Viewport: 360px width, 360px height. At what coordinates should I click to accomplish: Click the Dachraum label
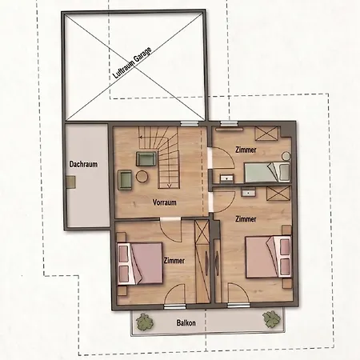(83, 164)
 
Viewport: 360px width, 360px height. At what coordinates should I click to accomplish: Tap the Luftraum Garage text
(132, 63)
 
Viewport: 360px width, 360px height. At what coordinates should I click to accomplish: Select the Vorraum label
(165, 202)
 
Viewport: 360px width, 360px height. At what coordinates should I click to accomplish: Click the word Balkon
(186, 323)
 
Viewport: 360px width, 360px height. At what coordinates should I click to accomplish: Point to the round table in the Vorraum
(142, 176)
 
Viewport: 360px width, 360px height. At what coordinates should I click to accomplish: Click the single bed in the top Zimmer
(267, 172)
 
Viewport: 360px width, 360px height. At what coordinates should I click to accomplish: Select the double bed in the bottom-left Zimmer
(140, 263)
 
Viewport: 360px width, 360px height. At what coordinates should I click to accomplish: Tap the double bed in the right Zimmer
(268, 257)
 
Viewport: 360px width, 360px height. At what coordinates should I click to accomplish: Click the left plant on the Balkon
(145, 321)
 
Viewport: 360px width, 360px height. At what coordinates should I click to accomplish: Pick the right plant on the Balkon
(271, 319)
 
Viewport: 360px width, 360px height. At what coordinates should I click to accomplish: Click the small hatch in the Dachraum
(70, 182)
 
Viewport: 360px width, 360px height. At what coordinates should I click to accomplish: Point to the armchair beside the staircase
(146, 159)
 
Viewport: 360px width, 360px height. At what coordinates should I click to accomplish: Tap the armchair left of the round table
(125, 180)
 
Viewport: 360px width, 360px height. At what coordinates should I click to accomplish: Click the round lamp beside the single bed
(286, 155)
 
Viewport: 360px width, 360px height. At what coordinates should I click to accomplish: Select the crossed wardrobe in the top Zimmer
(266, 134)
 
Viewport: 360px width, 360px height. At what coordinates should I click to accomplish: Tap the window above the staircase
(190, 123)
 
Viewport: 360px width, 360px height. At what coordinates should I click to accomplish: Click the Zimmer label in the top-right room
(246, 150)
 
